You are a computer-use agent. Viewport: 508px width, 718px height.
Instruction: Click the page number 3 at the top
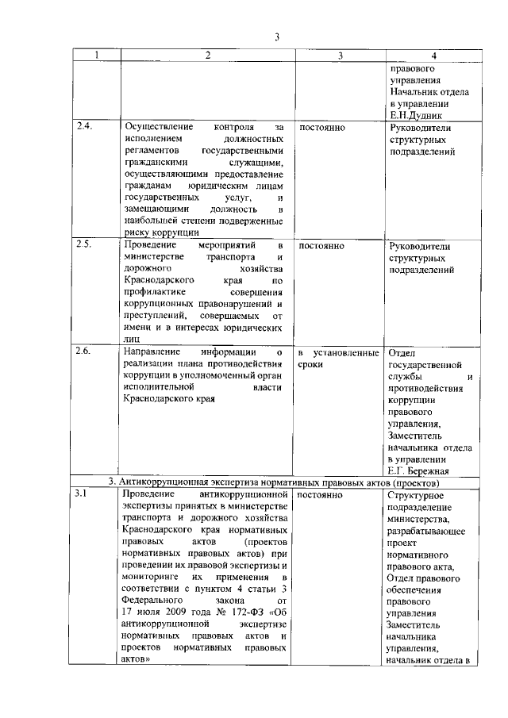pos(277,36)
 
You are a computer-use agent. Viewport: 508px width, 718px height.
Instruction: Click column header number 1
pos(97,56)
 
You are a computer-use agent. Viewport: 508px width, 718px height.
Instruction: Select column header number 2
pos(208,56)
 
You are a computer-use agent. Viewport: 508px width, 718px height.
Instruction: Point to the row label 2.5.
pos(85,245)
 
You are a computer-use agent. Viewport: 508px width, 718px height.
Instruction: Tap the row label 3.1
pos(83,494)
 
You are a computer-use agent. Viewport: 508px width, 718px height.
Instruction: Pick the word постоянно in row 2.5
pos(321,245)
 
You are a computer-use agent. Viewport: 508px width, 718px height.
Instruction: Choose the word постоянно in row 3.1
pos(321,494)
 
